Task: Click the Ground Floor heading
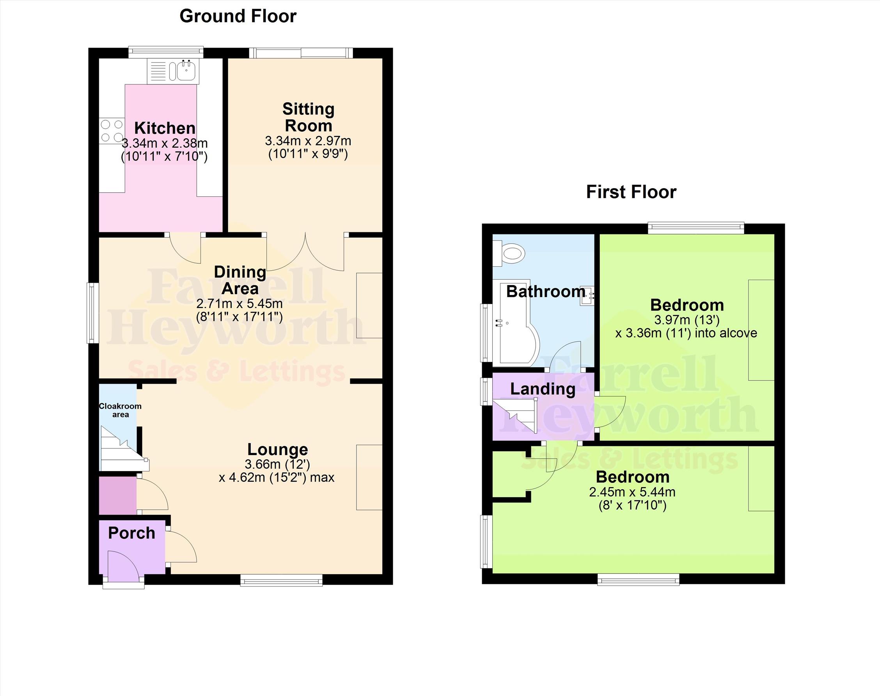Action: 238,16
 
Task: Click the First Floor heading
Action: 631,192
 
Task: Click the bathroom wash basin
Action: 587,295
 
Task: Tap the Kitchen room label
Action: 165,128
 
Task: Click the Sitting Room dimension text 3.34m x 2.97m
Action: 308,141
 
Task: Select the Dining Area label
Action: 240,280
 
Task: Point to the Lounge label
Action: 278,449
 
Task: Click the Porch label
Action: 131,533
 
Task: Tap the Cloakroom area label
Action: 120,410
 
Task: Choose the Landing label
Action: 543,389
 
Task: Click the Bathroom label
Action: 546,291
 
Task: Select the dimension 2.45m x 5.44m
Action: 632,492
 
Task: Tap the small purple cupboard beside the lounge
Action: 118,496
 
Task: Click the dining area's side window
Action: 92,313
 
